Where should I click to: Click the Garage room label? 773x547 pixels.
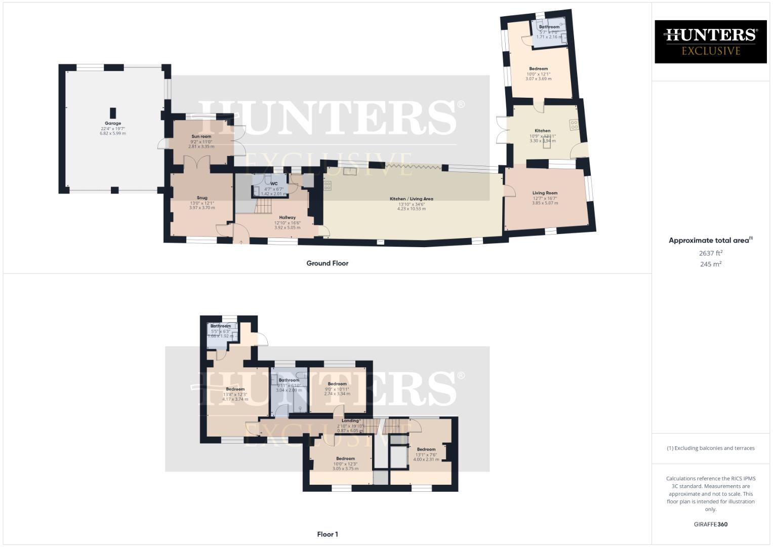tap(113, 123)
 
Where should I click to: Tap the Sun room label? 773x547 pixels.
tap(201, 136)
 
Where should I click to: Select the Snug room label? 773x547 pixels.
tap(202, 198)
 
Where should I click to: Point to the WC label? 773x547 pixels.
tap(274, 184)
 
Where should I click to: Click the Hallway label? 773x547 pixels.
tap(287, 217)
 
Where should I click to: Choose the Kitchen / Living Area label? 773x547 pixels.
tap(411, 199)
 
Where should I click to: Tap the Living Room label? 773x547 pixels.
tap(545, 193)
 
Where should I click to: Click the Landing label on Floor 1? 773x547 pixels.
tap(350, 420)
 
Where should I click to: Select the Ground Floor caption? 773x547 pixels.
tap(327, 263)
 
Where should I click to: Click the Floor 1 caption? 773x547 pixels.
tap(327, 534)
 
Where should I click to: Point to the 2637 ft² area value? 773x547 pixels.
tap(710, 253)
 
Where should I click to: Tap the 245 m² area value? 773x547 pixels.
tap(710, 264)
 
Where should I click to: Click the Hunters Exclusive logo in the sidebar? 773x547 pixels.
tap(710, 42)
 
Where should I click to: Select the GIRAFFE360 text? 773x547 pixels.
tap(710, 524)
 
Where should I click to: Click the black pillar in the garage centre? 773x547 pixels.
tap(113, 112)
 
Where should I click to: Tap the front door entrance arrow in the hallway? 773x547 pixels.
tap(241, 242)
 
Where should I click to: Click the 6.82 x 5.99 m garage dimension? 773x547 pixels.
tap(113, 134)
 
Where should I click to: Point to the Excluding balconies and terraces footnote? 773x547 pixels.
tap(710, 448)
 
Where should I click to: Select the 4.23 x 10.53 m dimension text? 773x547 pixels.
tap(411, 209)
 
